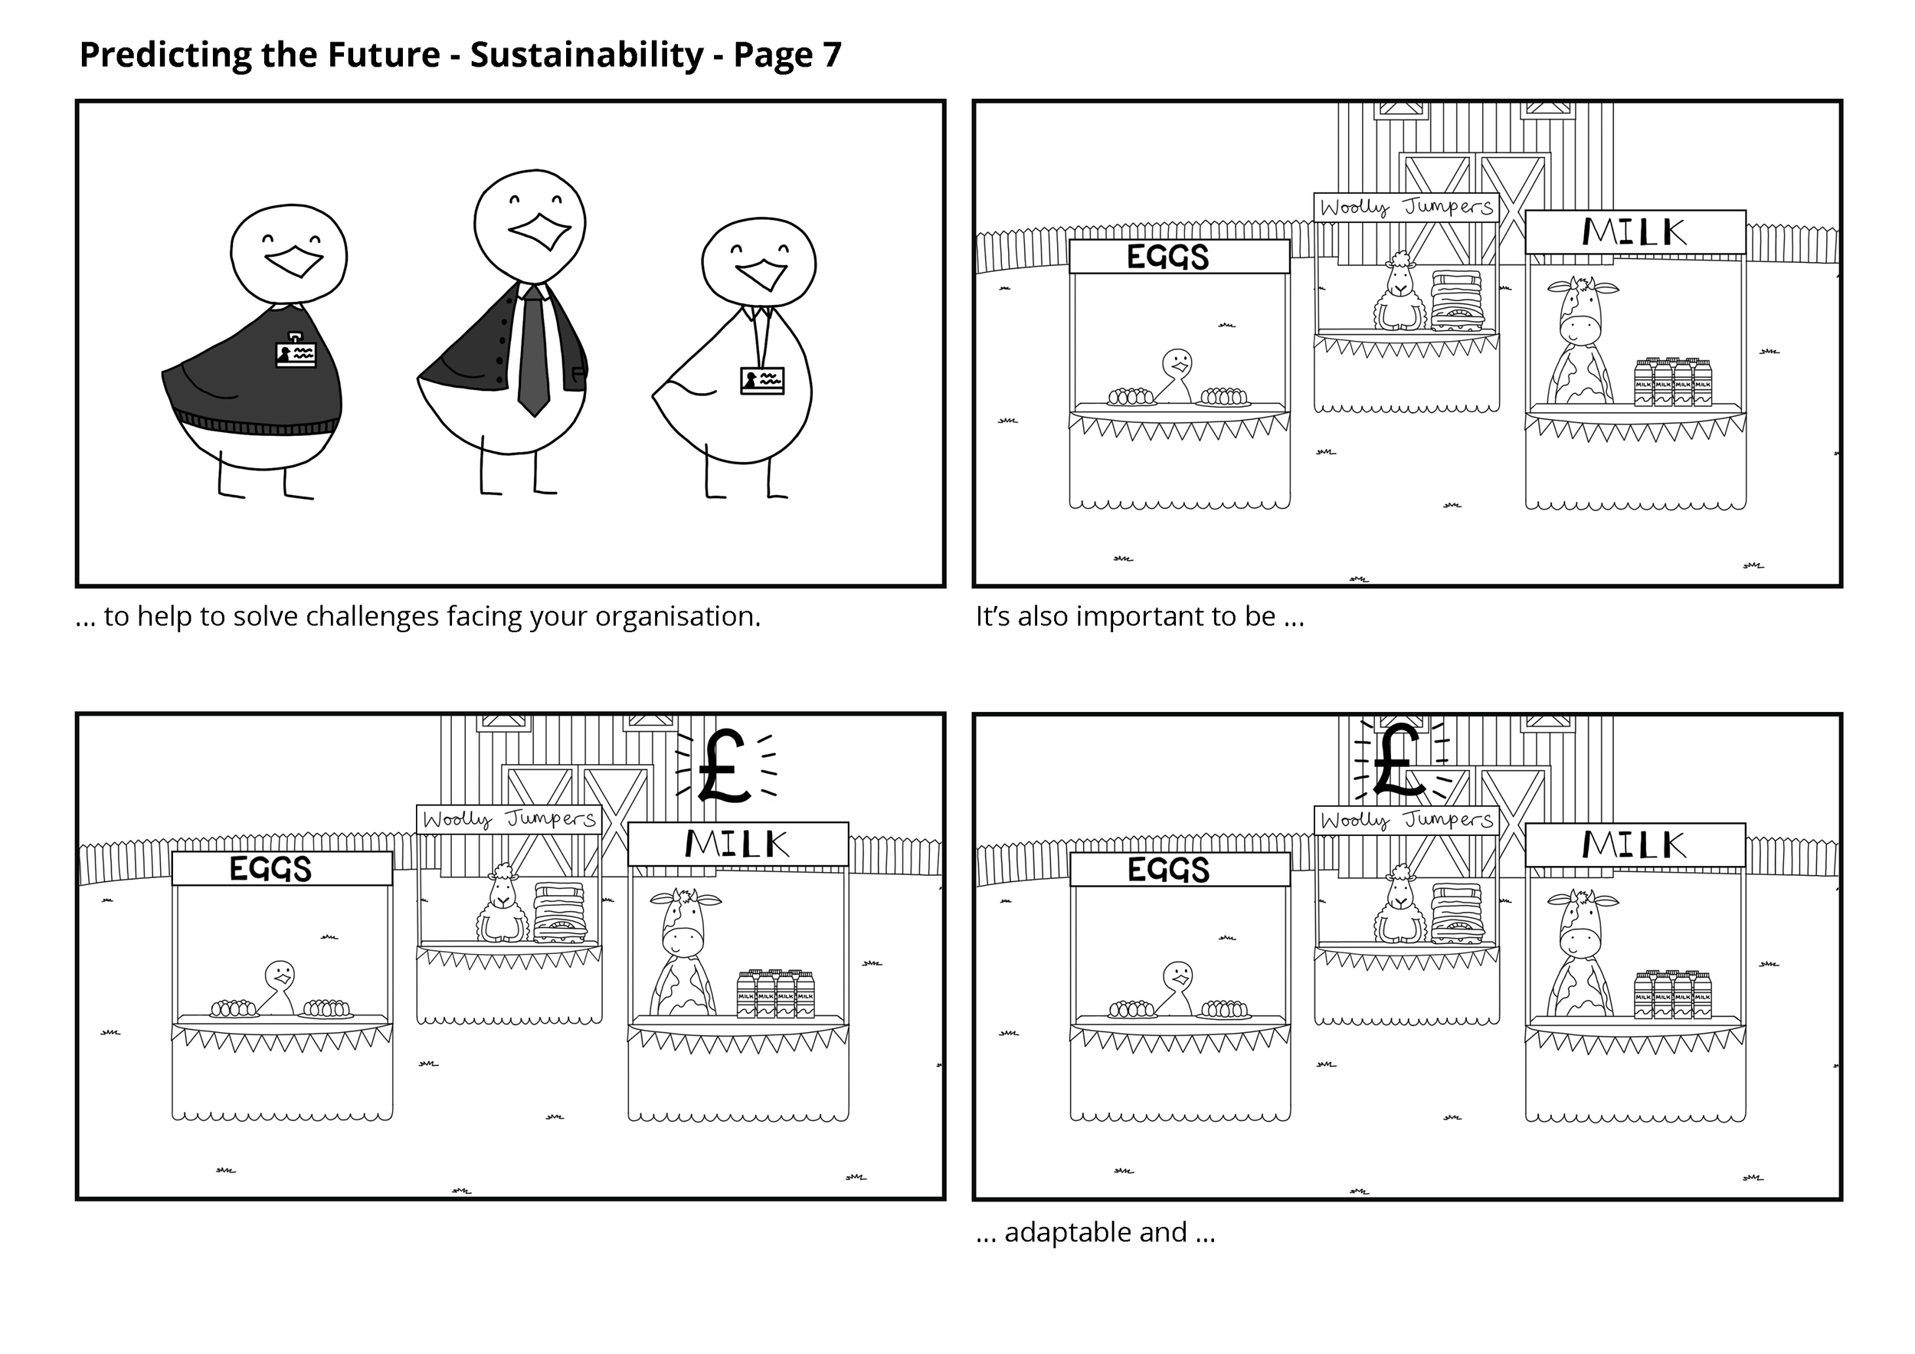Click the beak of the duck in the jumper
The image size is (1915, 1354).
click(293, 261)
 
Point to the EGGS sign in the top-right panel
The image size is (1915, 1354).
click(1167, 257)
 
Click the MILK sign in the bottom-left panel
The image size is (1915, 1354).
click(738, 844)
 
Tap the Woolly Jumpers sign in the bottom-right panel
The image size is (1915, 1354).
click(1406, 820)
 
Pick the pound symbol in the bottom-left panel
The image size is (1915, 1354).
click(724, 766)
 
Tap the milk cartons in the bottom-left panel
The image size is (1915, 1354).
click(776, 995)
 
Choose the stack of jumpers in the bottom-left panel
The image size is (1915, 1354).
click(560, 913)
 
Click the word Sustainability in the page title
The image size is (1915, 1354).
click(586, 55)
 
